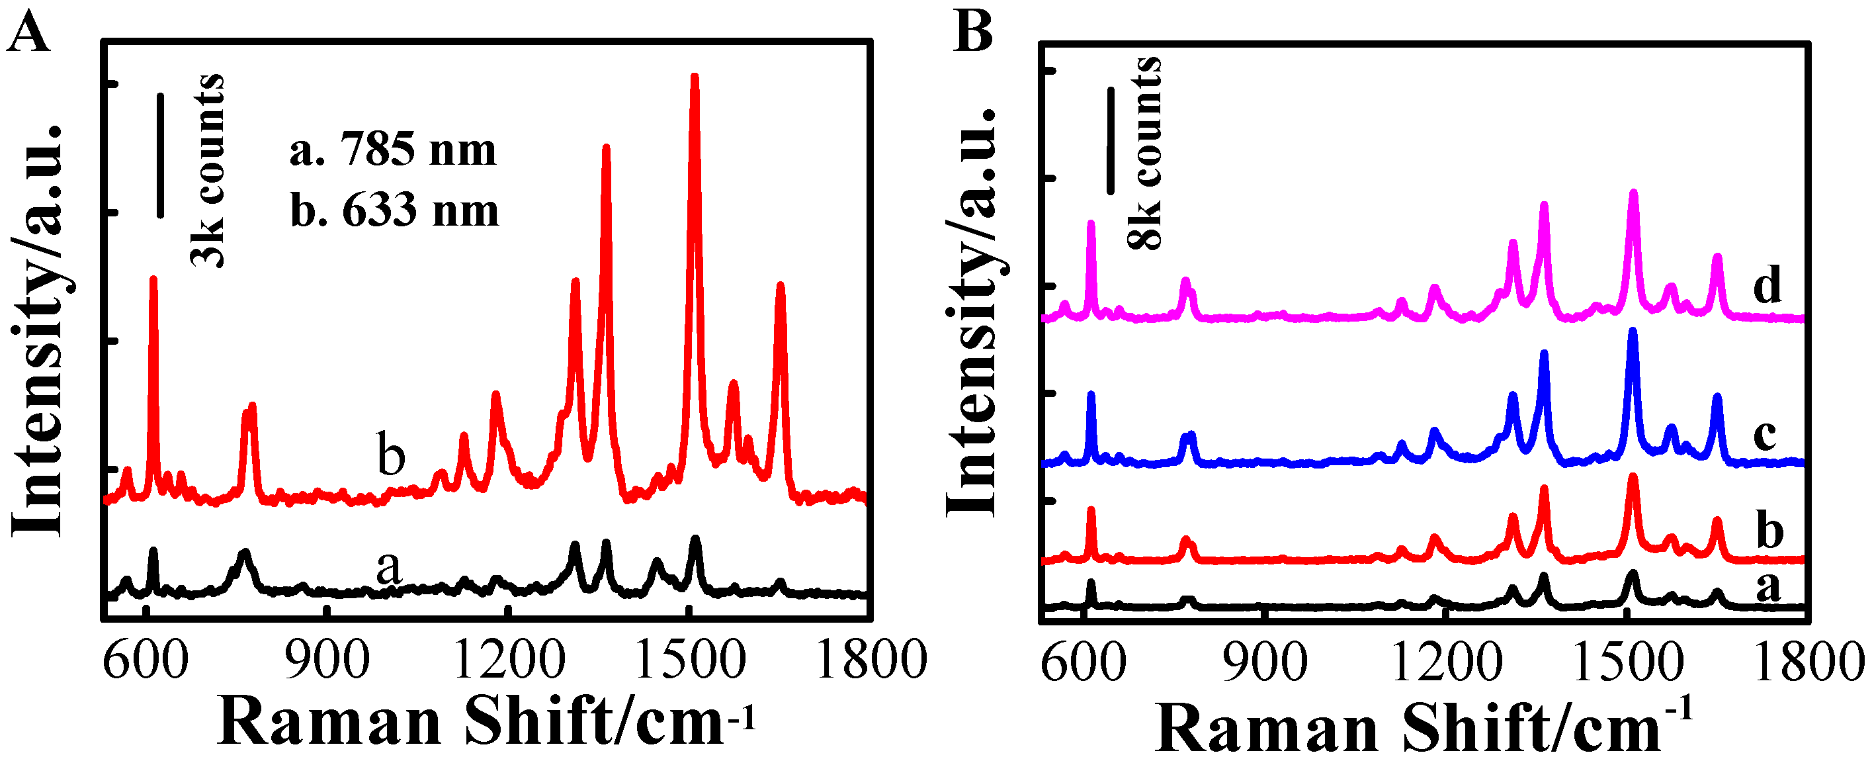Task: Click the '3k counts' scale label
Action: point(208,171)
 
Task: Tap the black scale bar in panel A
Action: point(161,155)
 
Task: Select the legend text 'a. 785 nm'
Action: point(393,150)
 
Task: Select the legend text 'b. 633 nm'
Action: point(395,211)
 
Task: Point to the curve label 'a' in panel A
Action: point(389,566)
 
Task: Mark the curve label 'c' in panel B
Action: point(1766,435)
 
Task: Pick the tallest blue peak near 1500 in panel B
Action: point(1633,333)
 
